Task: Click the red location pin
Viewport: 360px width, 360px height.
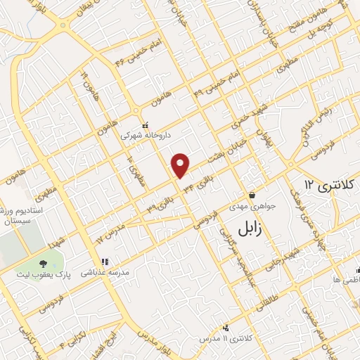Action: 181,165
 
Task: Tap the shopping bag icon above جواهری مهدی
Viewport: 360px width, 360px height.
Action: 251,195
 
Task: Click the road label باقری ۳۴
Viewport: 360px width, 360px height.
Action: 198,182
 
